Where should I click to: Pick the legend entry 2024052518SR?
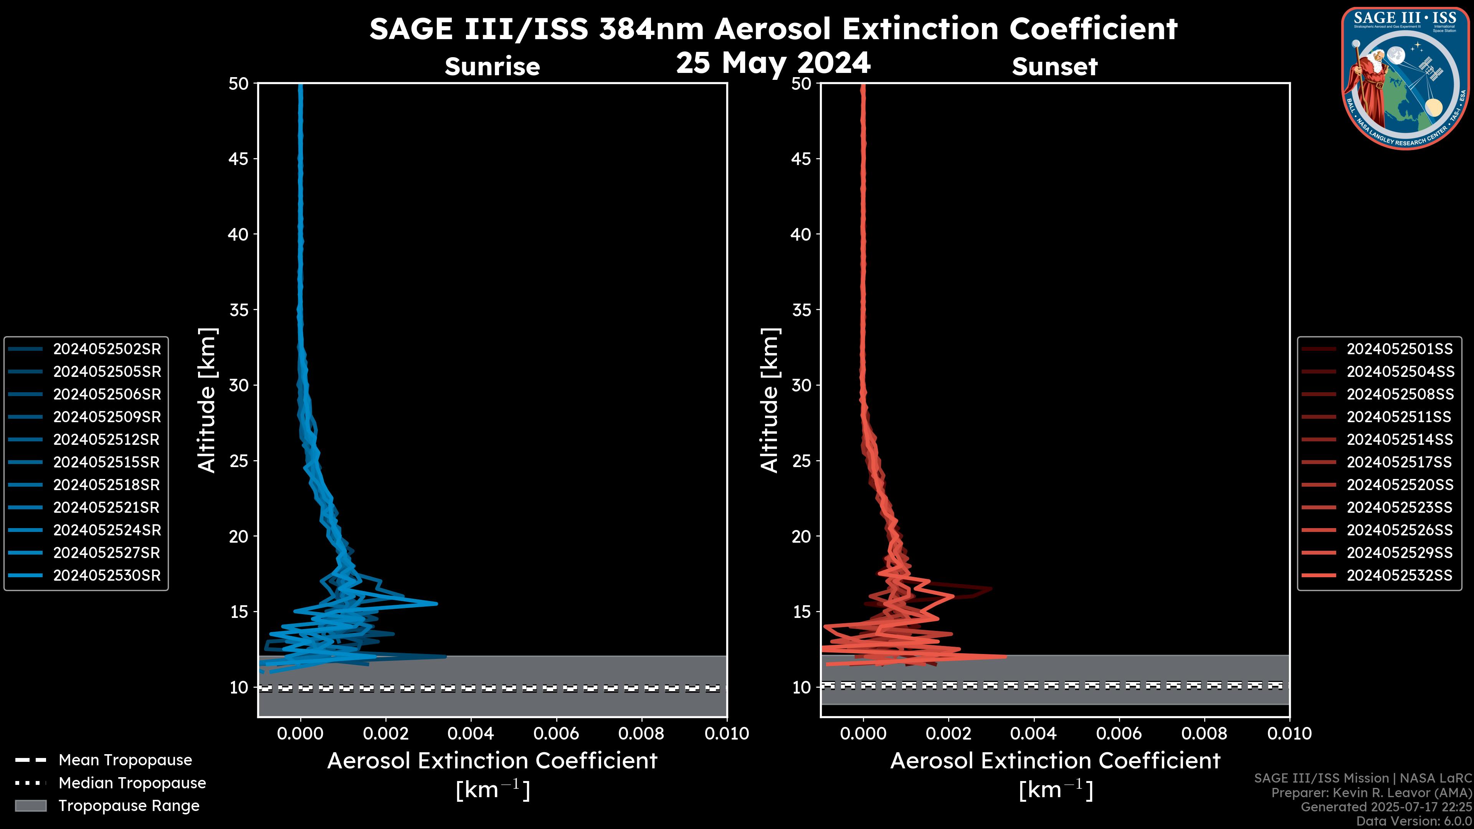(x=106, y=485)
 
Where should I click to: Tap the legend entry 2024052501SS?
(x=1399, y=349)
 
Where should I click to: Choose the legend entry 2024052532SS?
(x=1399, y=576)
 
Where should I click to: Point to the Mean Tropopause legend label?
(x=125, y=760)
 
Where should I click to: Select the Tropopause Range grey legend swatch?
(x=30, y=806)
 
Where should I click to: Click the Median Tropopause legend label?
(x=132, y=783)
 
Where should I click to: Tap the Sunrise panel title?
(x=492, y=66)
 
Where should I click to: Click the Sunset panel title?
(x=1054, y=66)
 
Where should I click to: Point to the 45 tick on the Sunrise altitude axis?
(x=239, y=159)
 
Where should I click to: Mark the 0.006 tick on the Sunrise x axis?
(x=556, y=733)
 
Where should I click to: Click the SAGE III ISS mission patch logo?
(x=1405, y=78)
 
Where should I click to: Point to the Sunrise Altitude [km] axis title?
(x=207, y=400)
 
